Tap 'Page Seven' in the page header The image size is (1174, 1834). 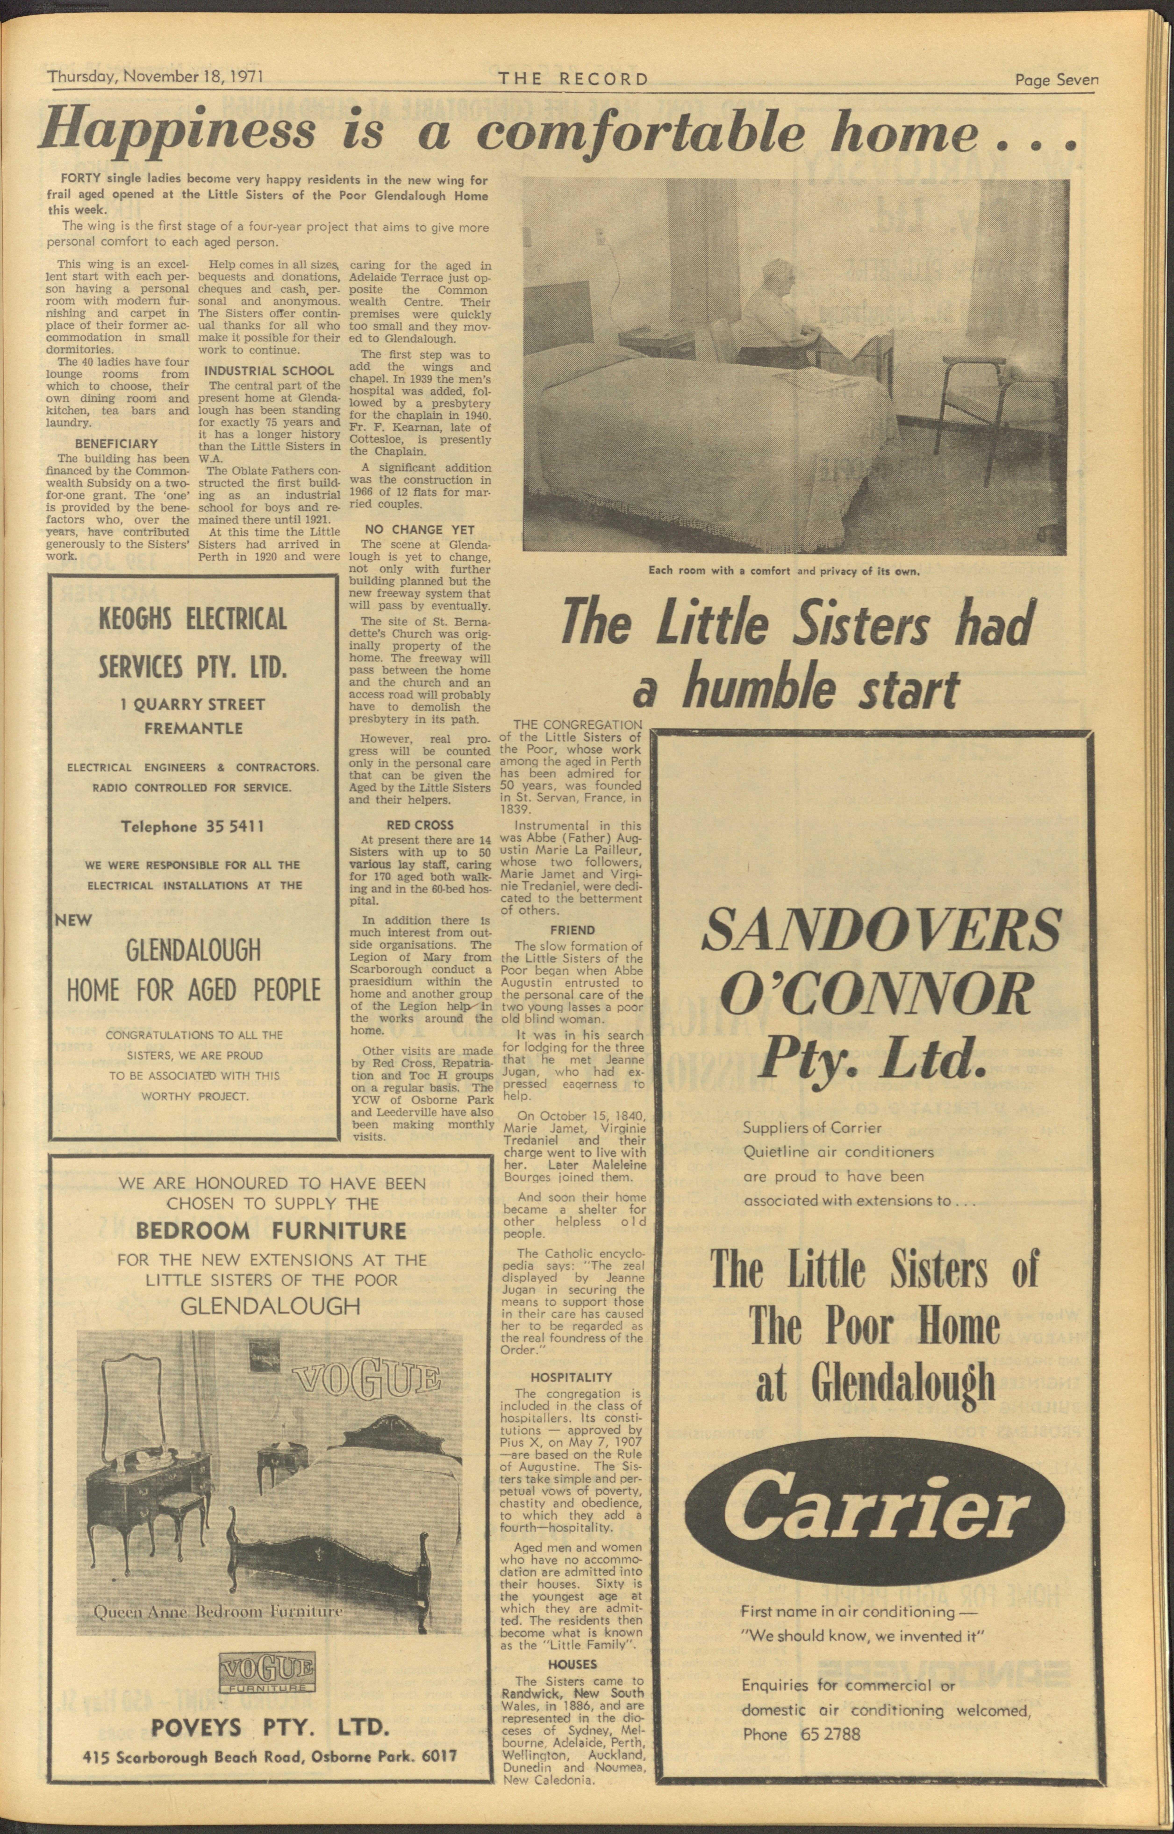click(1056, 79)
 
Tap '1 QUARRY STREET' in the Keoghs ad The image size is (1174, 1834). click(192, 705)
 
